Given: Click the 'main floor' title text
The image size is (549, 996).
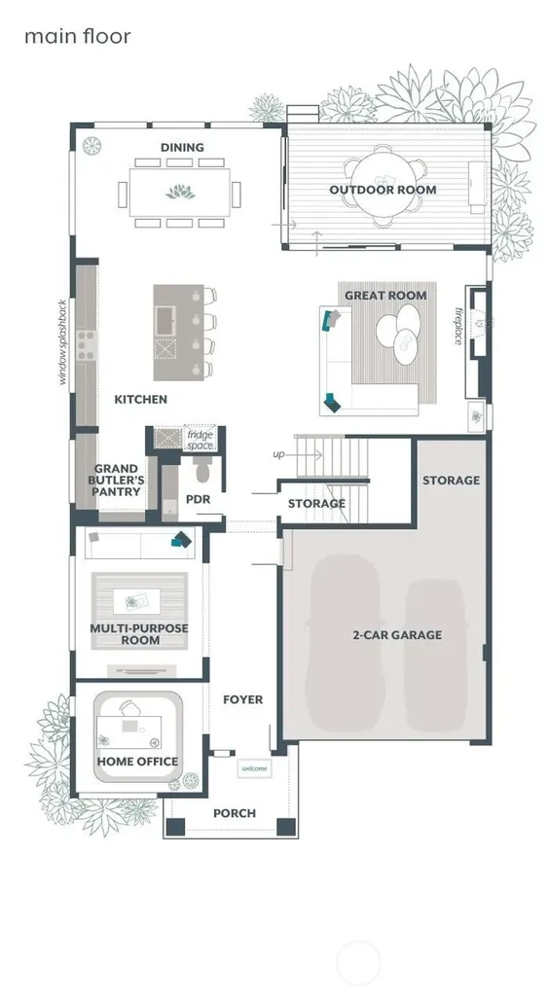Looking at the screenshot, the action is (x=78, y=36).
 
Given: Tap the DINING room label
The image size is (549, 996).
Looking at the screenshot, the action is (x=182, y=148).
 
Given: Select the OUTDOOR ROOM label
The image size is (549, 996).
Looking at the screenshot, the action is (x=383, y=190).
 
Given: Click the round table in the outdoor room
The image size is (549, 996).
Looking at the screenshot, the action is (x=383, y=187).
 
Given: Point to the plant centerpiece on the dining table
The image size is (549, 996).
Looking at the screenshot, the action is (x=180, y=192).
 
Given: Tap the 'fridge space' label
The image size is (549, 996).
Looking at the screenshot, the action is (x=201, y=441).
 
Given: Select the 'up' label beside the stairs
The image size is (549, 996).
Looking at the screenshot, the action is (x=278, y=455).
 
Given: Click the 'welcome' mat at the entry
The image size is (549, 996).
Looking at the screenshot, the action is (x=254, y=768).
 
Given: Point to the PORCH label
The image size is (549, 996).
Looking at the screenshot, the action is (x=235, y=813).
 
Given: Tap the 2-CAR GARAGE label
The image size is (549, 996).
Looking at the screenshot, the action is (x=397, y=634).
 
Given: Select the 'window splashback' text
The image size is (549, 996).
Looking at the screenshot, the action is (x=62, y=341).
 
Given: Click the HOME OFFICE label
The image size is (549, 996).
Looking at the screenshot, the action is (x=137, y=761).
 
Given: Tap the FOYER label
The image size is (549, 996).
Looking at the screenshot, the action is (x=242, y=699).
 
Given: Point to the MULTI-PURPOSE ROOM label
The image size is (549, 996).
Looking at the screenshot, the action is (x=139, y=634).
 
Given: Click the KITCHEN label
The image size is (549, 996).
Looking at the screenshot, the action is (x=140, y=400).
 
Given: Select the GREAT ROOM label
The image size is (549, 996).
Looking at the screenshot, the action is (x=385, y=296).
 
